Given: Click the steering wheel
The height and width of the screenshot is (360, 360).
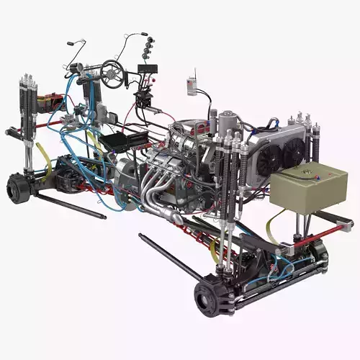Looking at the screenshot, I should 112,71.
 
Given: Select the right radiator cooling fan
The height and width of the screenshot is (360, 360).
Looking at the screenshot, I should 294,151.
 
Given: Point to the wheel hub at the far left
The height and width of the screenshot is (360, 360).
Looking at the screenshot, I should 17,189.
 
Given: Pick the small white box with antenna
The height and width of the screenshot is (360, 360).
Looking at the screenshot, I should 192,86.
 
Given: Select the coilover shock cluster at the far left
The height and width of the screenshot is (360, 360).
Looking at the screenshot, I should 27,108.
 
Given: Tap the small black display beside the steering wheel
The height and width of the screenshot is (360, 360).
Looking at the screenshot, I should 147,70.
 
